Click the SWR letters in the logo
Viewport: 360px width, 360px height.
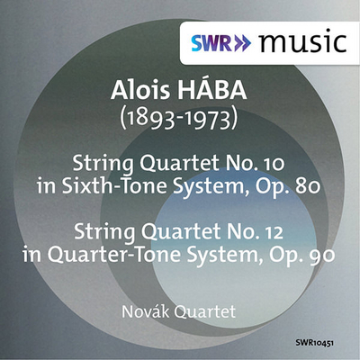[211, 43]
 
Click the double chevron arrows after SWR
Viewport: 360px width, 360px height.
[242, 44]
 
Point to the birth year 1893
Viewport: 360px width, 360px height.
[149, 119]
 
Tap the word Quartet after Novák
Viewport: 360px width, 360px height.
[204, 312]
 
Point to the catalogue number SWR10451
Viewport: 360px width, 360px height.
[315, 343]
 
